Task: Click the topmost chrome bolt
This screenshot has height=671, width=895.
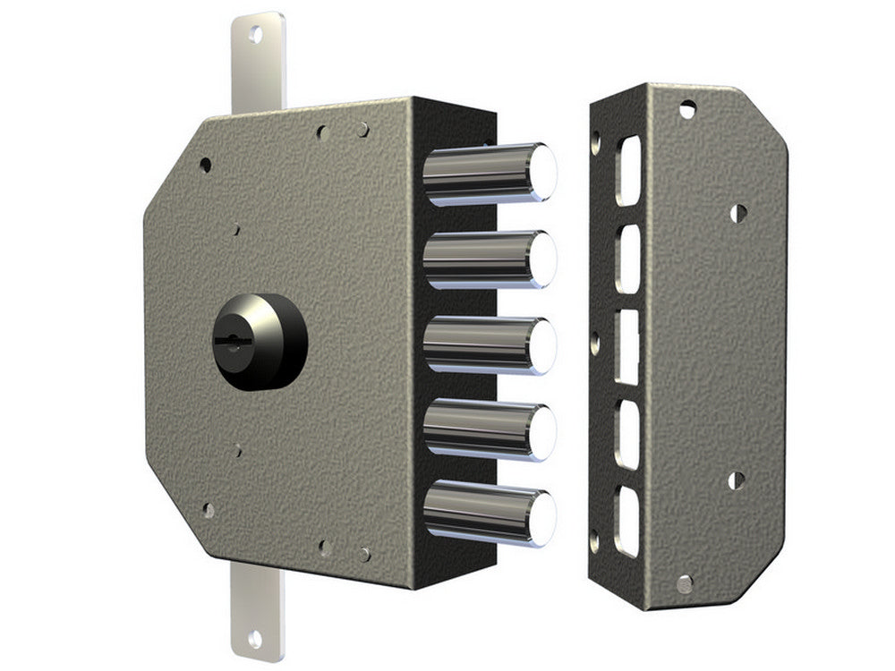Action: click(x=488, y=173)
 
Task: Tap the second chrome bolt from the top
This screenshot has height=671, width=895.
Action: click(x=488, y=259)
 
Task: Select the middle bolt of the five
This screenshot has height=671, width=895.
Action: click(x=488, y=345)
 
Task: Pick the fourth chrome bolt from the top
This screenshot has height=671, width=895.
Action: click(x=488, y=430)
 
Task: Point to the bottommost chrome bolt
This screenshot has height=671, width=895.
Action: click(x=488, y=513)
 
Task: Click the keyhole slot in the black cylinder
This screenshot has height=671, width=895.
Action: click(x=230, y=341)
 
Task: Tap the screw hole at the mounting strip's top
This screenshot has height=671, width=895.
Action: click(x=255, y=35)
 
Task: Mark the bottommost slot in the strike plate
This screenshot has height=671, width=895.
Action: click(x=628, y=522)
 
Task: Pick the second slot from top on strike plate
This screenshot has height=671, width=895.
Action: click(x=628, y=259)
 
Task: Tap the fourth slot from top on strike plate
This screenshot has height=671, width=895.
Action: click(x=628, y=435)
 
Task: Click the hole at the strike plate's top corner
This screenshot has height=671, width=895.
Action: click(x=686, y=109)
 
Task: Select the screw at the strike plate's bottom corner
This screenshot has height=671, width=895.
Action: click(x=685, y=584)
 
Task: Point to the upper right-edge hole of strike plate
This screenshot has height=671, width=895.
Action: click(x=737, y=213)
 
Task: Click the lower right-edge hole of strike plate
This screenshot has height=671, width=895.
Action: click(x=736, y=480)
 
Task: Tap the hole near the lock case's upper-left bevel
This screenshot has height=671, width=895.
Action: click(x=205, y=166)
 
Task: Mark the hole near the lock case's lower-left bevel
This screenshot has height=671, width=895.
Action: click(x=208, y=510)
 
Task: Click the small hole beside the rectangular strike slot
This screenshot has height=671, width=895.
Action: click(x=594, y=338)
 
